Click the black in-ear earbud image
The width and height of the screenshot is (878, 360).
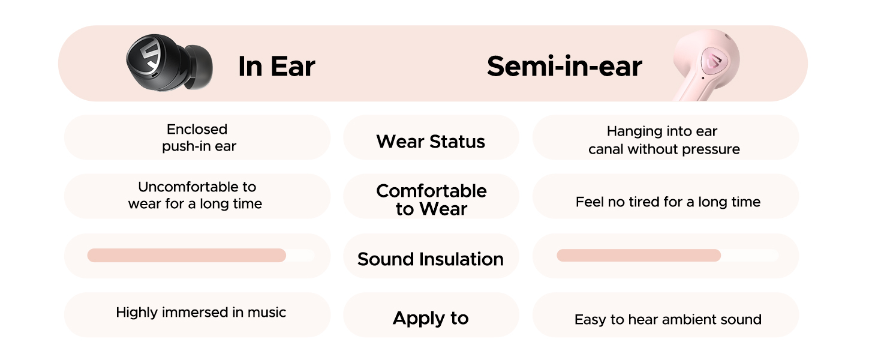[169, 63]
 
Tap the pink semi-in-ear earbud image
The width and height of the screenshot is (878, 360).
[705, 65]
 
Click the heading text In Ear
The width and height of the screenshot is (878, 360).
[276, 66]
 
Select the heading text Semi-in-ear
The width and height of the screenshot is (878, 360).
[564, 66]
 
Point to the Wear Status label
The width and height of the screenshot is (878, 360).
[431, 141]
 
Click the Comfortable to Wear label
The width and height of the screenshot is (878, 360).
[431, 200]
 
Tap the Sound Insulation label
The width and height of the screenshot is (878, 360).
[431, 259]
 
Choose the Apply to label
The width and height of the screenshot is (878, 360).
[431, 318]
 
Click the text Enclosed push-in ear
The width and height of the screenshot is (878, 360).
[199, 137]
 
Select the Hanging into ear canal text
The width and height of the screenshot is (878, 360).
[664, 140]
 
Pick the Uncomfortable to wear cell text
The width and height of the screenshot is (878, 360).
[195, 195]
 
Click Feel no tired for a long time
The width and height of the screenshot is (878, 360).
[668, 202]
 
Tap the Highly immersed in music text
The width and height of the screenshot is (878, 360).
[201, 313]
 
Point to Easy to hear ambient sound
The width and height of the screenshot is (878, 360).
[668, 320]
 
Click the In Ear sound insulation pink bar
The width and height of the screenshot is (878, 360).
[187, 255]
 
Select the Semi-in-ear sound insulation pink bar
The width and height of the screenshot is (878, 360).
[639, 255]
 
